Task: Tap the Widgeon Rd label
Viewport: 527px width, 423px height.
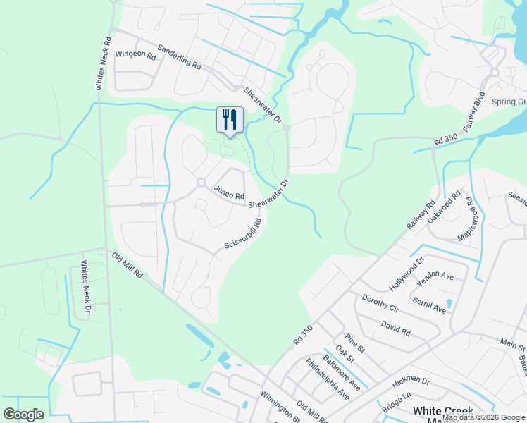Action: (x=135, y=54)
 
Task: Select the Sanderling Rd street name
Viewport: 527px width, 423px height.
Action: (x=180, y=56)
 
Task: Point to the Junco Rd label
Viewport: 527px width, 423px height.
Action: (x=229, y=192)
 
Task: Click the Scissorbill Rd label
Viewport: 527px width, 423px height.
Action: (x=243, y=234)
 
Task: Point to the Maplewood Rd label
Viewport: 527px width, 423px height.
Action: (x=467, y=219)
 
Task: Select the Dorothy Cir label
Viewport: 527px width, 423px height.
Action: (x=380, y=304)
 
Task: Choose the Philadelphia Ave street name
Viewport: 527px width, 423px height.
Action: (x=328, y=379)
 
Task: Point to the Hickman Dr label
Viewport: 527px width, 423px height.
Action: (x=411, y=385)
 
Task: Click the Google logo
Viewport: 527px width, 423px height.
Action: (x=23, y=415)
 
